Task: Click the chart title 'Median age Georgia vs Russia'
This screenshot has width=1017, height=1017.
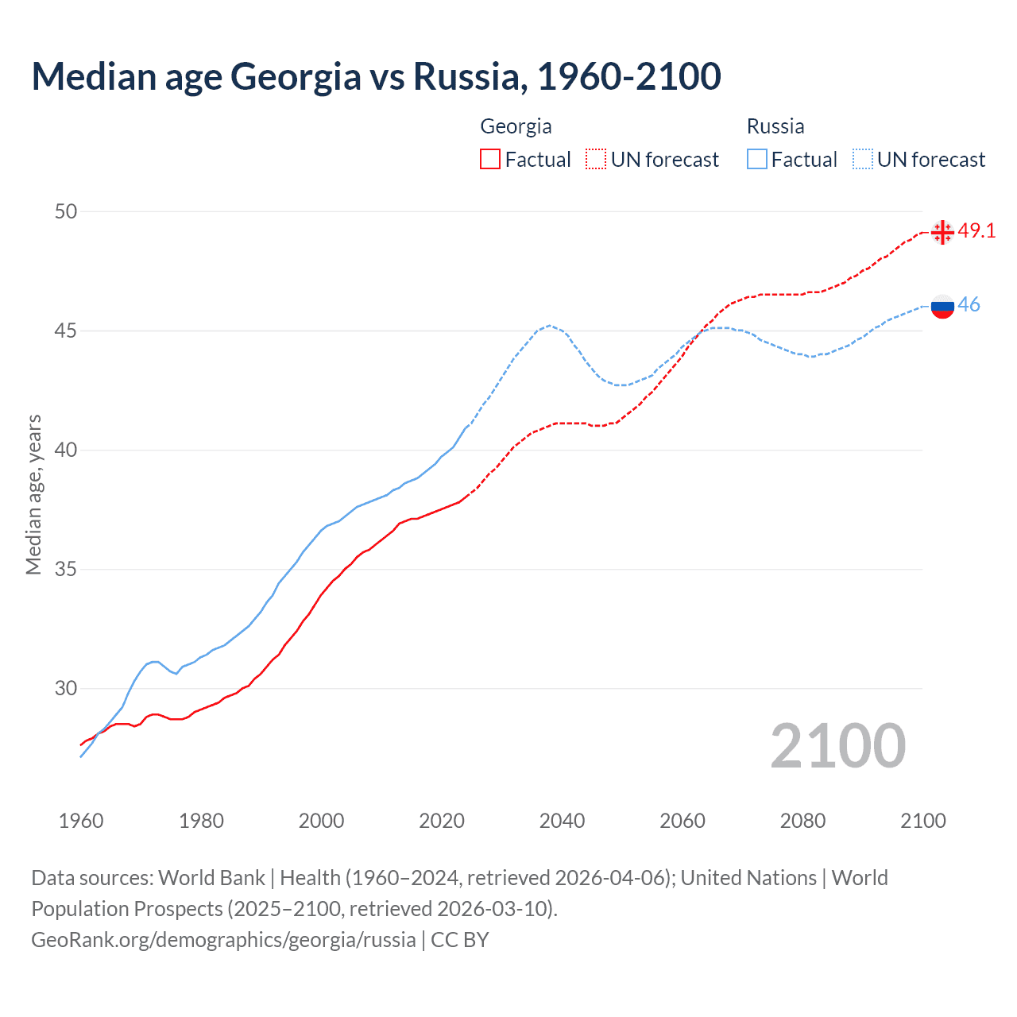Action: point(376,76)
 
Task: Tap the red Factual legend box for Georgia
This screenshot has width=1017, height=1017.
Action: point(490,160)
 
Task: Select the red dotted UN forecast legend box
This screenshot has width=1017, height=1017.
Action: point(596,160)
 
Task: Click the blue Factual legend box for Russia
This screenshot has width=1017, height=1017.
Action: point(757,160)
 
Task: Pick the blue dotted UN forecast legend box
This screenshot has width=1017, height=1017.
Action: point(862,160)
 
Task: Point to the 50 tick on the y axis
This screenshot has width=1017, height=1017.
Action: point(66,211)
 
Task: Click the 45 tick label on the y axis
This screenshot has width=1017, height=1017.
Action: point(66,331)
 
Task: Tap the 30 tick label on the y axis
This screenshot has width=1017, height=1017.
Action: point(66,689)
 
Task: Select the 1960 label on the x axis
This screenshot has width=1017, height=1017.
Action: point(81,821)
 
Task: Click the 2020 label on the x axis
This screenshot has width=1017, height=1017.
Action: point(442,821)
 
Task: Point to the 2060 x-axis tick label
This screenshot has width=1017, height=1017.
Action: point(683,821)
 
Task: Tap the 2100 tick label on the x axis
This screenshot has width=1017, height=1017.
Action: point(923,821)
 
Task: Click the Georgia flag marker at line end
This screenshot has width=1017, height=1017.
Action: point(942,232)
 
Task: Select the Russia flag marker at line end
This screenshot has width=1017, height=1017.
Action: point(942,306)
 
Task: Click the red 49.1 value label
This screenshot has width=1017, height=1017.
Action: point(976,231)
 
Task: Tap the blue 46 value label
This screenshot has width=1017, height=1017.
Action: point(969,305)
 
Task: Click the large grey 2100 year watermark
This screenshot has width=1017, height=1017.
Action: point(837,746)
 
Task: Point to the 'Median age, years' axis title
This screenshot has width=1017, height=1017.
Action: point(33,494)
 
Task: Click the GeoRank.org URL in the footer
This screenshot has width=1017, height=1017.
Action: point(223,940)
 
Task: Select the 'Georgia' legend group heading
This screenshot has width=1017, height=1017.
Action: point(516,126)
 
